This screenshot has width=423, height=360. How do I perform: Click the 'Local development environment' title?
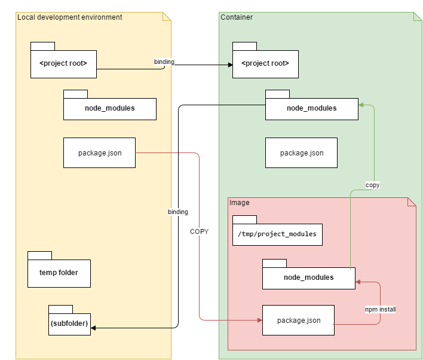point(69,17)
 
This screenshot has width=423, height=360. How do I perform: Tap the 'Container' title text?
point(237,17)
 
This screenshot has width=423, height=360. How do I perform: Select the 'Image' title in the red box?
point(240,203)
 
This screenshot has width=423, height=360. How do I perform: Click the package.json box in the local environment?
point(100,153)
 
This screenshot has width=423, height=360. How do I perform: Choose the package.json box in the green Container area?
point(301,153)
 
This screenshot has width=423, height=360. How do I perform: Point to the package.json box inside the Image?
point(298,321)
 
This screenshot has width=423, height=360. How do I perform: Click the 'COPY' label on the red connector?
point(200,231)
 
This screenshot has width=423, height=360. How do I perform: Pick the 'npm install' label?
point(381,309)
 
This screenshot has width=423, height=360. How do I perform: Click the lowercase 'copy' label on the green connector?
point(373,185)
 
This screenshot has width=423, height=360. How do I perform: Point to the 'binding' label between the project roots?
point(164,62)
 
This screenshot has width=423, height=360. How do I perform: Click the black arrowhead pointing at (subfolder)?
point(93,328)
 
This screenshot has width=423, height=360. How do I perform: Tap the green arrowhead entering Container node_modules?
point(361,105)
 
